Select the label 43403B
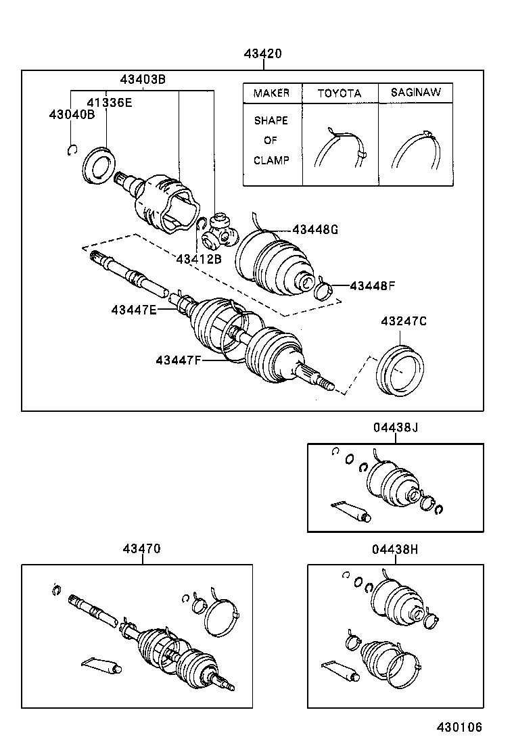(x=143, y=79)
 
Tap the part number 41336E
(x=109, y=102)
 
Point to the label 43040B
(x=71, y=114)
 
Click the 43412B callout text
(x=198, y=258)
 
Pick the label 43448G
(x=315, y=229)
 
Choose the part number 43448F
(x=372, y=285)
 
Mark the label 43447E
(x=134, y=310)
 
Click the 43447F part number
(x=179, y=360)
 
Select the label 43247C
(x=403, y=321)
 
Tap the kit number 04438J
(x=395, y=427)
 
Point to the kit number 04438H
(x=395, y=549)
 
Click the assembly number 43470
(x=141, y=549)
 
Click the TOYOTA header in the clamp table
(x=340, y=93)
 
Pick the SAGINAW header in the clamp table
(x=415, y=93)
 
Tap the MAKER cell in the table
(x=271, y=93)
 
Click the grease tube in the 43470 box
(x=101, y=664)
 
